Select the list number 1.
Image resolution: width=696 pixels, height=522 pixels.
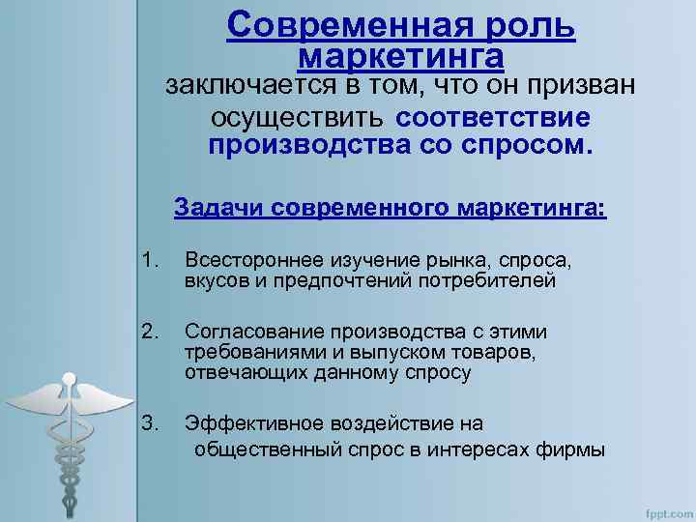click(x=148, y=260)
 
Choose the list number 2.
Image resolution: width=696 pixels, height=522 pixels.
click(x=148, y=333)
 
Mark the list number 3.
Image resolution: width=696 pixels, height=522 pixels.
click(x=148, y=422)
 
